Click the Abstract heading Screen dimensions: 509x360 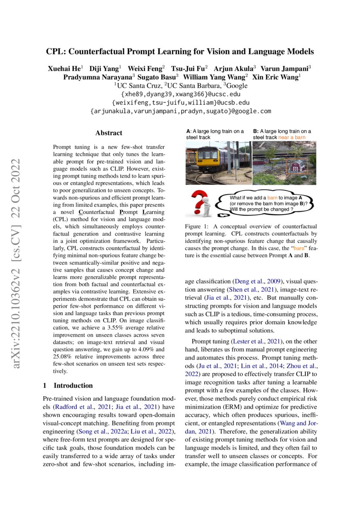coord(109,133)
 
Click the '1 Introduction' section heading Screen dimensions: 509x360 coord(68,385)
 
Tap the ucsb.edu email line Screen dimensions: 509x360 coord(180,102)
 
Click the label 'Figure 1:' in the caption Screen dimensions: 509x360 coord(198,227)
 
